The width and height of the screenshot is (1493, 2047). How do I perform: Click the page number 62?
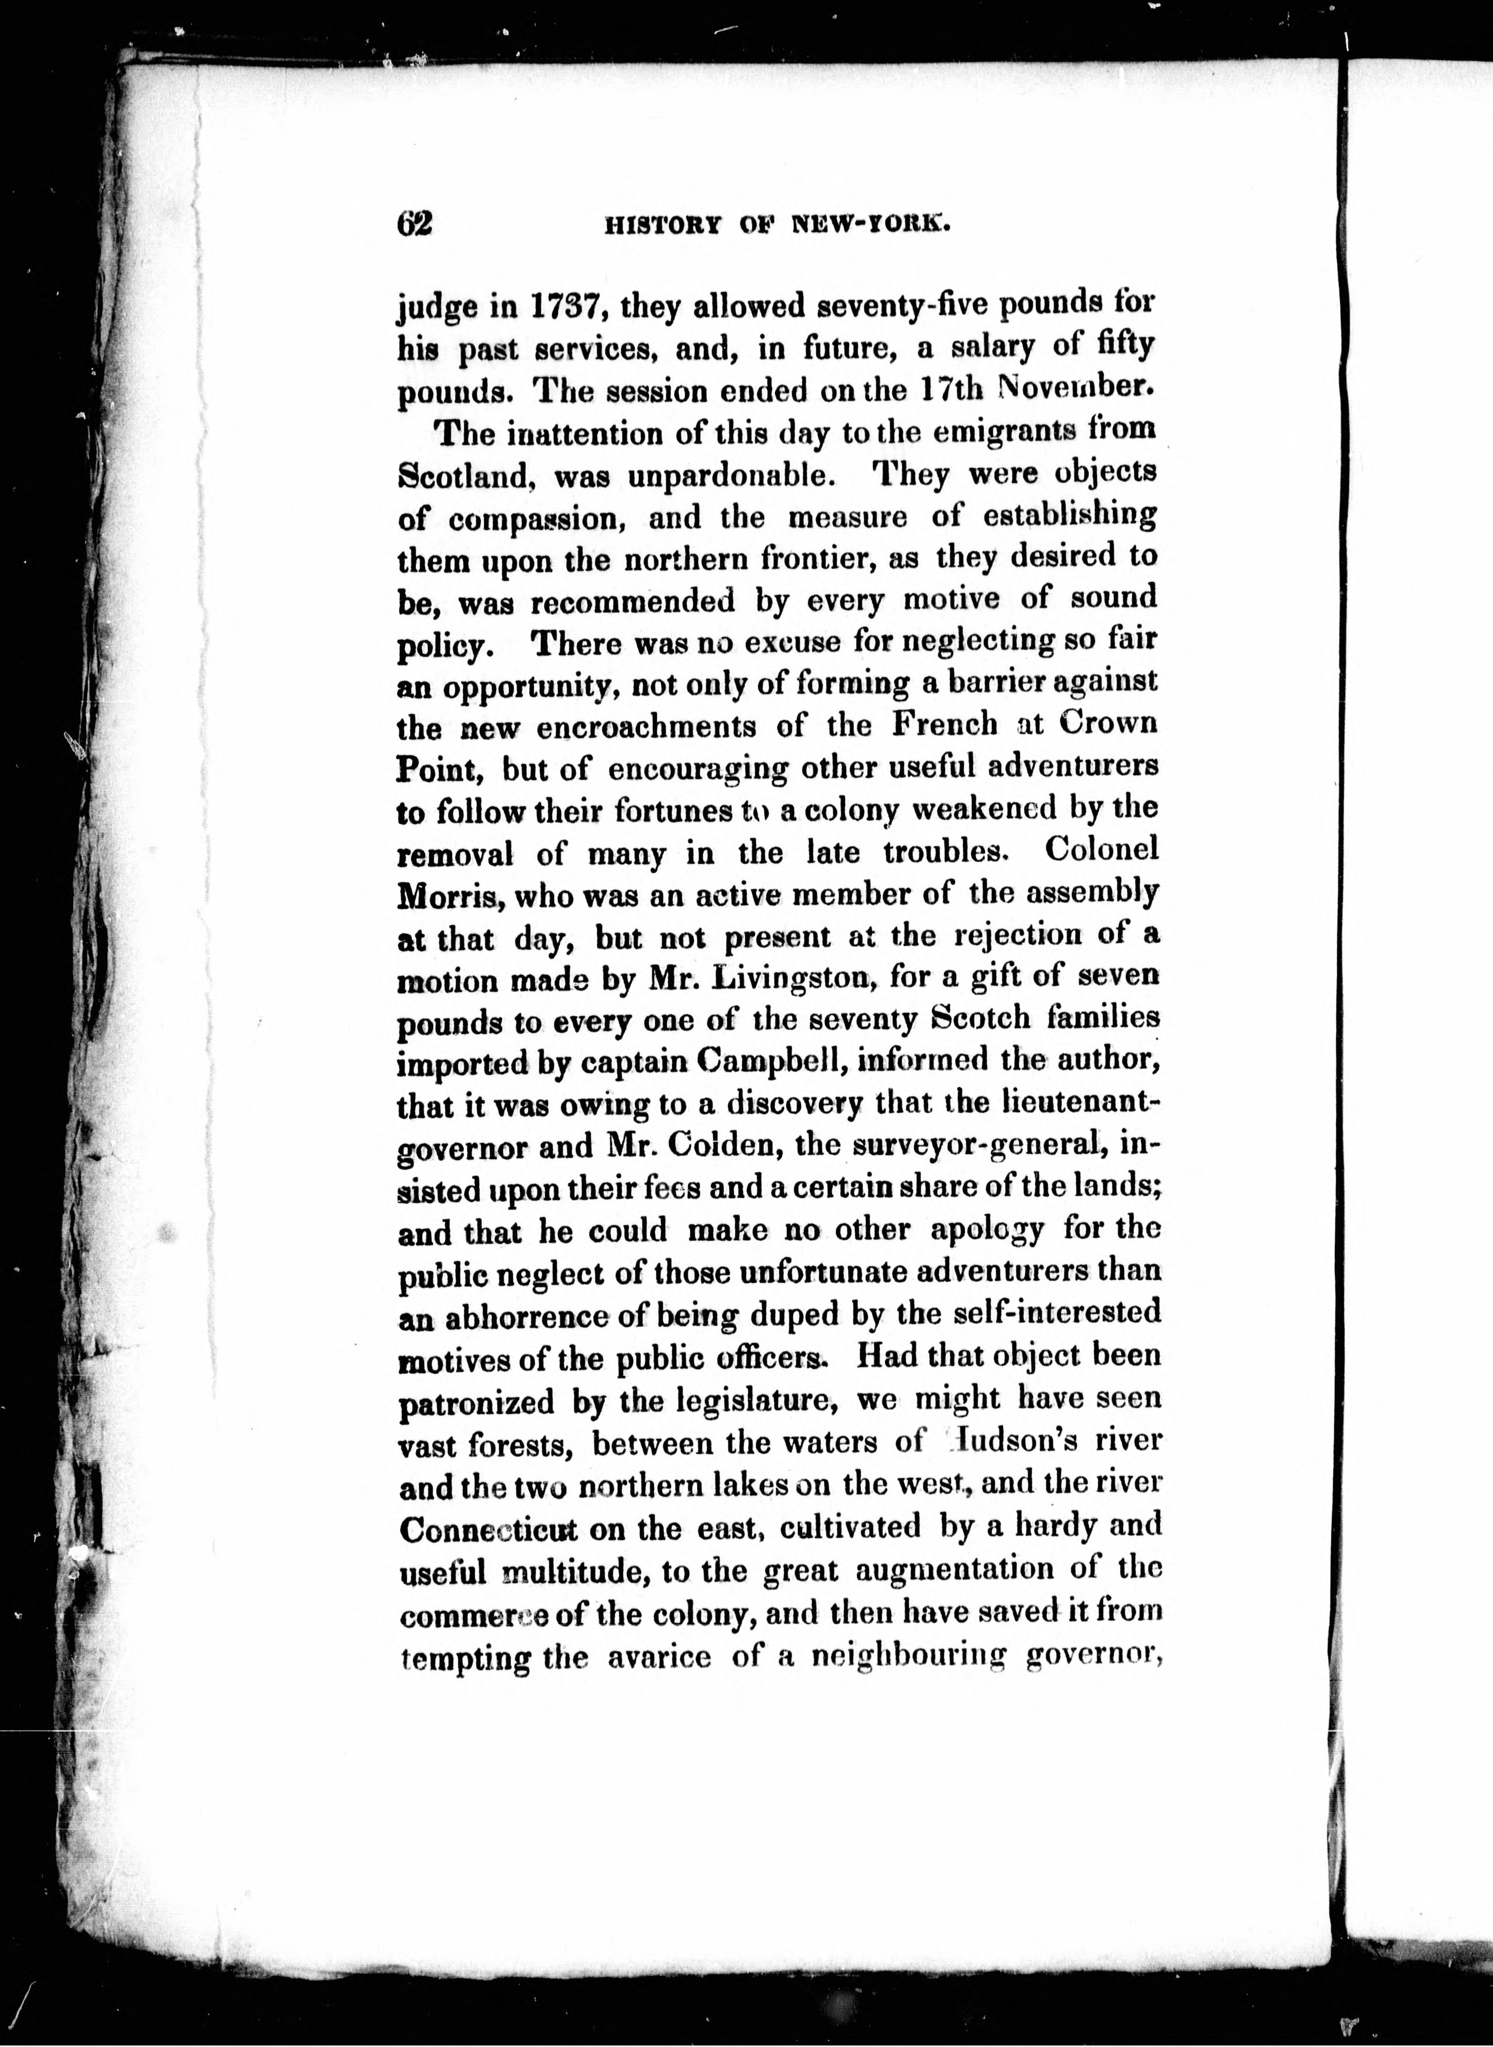[x=415, y=222]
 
